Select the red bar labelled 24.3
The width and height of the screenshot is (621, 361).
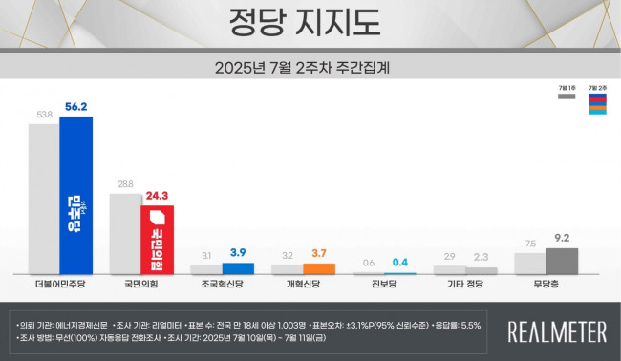tap(157, 240)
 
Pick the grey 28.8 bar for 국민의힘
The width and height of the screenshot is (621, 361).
tap(125, 234)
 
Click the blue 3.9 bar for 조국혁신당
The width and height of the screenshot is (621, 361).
tap(238, 269)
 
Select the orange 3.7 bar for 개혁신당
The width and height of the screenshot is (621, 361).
tap(319, 269)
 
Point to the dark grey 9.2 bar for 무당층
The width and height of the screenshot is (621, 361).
tap(562, 262)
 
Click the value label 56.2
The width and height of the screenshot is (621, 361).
tap(75, 106)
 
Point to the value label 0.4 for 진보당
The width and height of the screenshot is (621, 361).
tap(399, 263)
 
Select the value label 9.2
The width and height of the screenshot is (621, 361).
tap(562, 238)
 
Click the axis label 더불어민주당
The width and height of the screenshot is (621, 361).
tap(59, 286)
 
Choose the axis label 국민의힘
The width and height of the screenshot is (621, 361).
tap(140, 286)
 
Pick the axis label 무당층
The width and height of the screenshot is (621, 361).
tap(546, 286)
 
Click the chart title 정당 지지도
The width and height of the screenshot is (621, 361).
tap(310, 22)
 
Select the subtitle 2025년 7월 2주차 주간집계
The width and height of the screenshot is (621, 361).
tap(310, 67)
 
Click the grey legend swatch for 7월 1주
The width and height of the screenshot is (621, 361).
tap(567, 96)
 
